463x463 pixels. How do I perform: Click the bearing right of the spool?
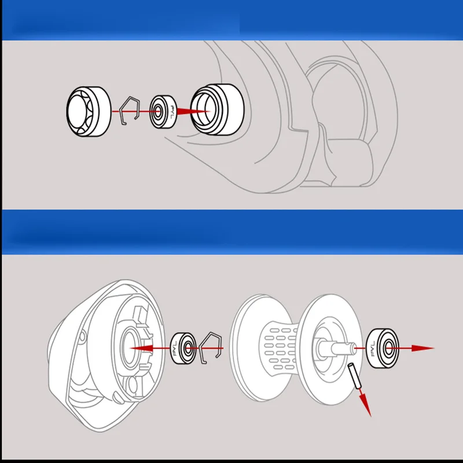382,347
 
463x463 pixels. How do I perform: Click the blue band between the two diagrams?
231,231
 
